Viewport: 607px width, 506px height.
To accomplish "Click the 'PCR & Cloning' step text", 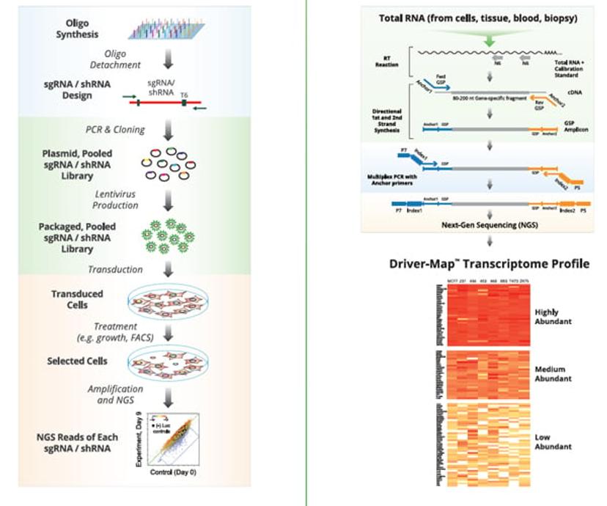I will point(116,130).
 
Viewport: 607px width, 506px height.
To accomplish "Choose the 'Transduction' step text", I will point(116,269).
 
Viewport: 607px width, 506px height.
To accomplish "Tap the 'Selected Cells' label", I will point(77,361).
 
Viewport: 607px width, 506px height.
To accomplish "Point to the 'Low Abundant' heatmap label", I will point(553,441).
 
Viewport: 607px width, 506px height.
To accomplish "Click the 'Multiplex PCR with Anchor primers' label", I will point(397,181).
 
